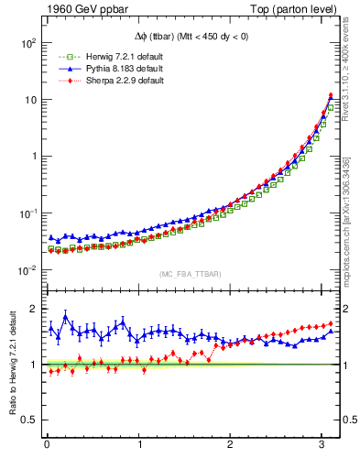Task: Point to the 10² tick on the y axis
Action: (x=28, y=43)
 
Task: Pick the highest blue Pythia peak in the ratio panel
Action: (x=65, y=316)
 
